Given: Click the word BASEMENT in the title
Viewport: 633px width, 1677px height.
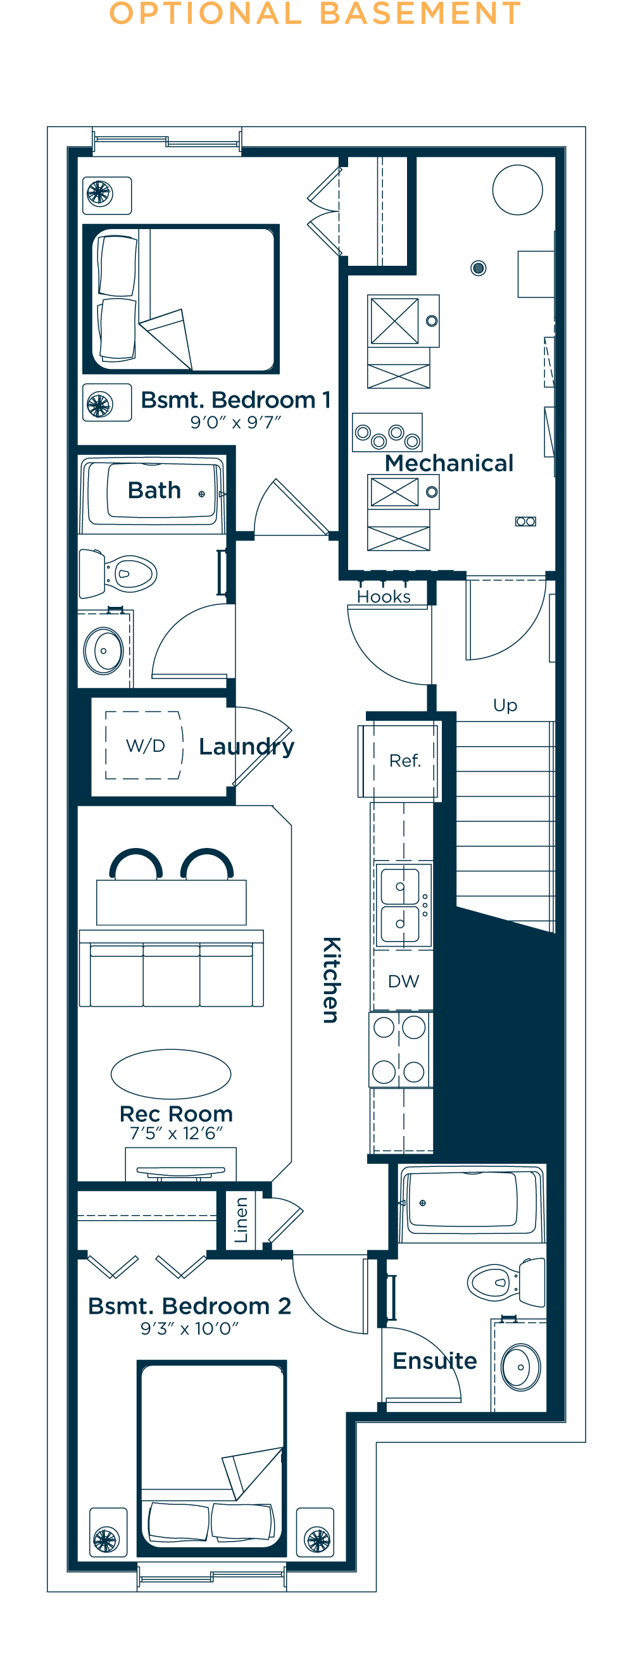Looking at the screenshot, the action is [421, 13].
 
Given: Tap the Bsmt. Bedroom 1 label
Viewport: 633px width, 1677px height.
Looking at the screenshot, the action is [235, 400].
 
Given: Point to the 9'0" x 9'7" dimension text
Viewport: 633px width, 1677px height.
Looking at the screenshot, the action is [235, 423].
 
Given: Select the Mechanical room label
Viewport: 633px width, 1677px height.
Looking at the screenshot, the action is [449, 463].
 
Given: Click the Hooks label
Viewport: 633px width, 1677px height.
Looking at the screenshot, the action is [384, 596].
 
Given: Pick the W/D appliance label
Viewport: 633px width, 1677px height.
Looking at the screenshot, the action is [145, 745].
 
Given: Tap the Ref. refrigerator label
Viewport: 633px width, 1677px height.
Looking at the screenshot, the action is [405, 761].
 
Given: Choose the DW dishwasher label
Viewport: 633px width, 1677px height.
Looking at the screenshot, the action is [404, 981].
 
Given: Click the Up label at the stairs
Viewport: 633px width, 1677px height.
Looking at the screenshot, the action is [505, 706].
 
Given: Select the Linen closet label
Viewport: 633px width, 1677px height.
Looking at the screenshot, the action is [241, 1220].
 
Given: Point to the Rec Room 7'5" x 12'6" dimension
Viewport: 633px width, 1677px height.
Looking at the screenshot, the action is [177, 1133].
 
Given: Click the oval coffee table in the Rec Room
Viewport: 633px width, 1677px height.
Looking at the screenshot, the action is [172, 1073].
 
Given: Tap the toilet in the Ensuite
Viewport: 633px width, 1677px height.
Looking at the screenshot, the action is [506, 1282].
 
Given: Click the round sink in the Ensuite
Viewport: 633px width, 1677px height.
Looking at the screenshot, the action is [520, 1367].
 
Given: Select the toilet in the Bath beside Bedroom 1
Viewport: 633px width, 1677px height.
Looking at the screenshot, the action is [118, 573].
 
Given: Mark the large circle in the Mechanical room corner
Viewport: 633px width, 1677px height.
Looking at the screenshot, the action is [518, 189].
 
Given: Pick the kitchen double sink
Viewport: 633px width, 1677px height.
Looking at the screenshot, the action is [403, 904].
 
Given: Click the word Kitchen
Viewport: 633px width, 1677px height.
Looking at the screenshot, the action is [332, 980].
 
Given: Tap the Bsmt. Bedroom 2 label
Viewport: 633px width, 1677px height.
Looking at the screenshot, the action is [189, 1306].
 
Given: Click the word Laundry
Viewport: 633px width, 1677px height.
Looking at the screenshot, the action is [247, 747].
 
